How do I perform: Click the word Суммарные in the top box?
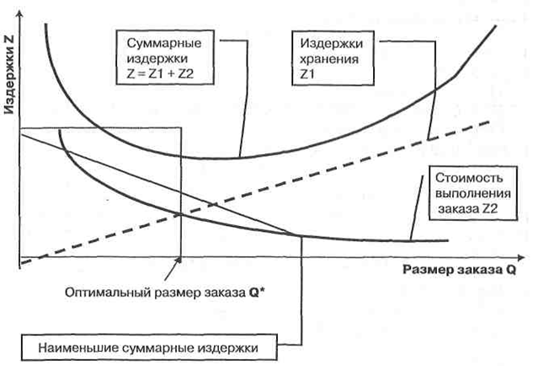(164, 44)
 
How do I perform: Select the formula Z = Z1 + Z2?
(160, 73)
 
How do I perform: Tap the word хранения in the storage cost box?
(328, 59)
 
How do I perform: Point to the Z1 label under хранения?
(307, 74)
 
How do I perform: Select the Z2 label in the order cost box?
(489, 208)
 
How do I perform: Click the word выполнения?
(473, 193)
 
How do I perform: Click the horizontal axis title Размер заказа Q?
(459, 270)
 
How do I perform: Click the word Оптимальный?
(108, 293)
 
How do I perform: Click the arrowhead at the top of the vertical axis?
(20, 13)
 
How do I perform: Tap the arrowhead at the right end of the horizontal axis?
(521, 258)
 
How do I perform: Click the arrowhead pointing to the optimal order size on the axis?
(179, 260)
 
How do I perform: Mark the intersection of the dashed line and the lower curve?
(180, 214)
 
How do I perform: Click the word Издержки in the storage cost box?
(332, 44)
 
